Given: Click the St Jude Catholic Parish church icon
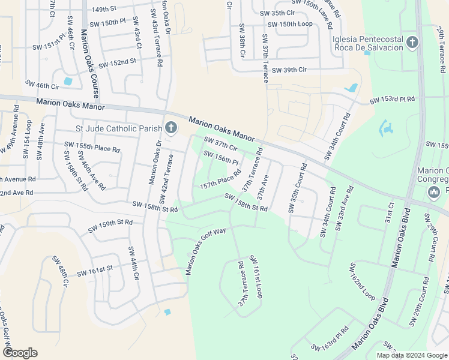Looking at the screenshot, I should (171, 127).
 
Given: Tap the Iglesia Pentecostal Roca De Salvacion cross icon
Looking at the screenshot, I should (412, 43).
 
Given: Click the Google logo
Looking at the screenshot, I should (20, 353).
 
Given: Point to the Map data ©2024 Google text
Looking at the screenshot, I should (411, 355).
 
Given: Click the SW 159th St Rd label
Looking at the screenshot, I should (110, 226).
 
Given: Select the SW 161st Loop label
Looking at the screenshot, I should (256, 277).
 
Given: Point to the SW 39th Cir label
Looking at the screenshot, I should (289, 70).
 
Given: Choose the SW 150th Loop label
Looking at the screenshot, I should (290, 24).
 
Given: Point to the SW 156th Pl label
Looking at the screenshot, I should (221, 158).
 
